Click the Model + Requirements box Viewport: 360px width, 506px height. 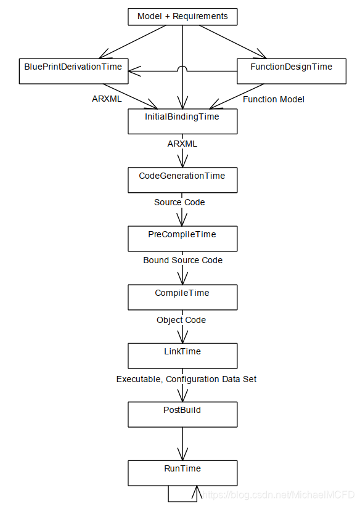(182, 17)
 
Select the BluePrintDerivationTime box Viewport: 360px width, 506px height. (73, 71)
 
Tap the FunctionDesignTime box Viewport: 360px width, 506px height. (292, 71)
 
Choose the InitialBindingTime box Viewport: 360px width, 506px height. (182, 121)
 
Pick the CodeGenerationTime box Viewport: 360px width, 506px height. (182, 180)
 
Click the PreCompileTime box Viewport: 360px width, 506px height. (182, 239)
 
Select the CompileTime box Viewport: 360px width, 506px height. (182, 297)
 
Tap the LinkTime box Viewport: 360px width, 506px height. (182, 356)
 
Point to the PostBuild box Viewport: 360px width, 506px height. (182, 415)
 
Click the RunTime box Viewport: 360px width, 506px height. (182, 473)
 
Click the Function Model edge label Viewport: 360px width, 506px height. (274, 99)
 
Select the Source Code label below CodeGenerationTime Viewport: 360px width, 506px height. (179, 202)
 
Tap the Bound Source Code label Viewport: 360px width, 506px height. (182, 260)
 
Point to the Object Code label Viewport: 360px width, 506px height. (181, 320)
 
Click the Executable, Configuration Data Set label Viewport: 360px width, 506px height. (186, 379)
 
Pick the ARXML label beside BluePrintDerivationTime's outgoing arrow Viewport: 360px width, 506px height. (107, 99)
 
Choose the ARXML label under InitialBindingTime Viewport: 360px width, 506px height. (182, 144)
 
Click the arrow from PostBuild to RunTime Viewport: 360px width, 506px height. (182, 444)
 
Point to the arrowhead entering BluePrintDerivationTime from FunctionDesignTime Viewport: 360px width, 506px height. (134, 71)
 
